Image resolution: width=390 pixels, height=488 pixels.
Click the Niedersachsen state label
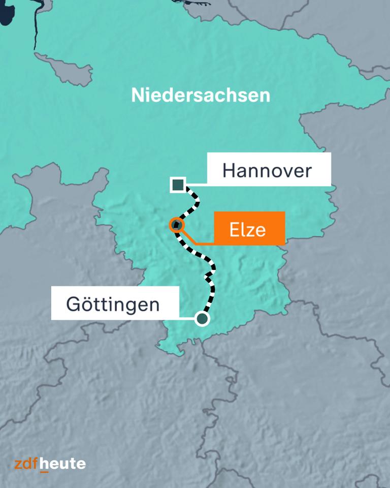click(201, 95)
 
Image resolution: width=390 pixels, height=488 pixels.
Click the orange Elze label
click(249, 230)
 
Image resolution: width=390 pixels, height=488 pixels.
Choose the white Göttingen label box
click(115, 304)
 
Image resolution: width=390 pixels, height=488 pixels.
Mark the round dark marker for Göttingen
click(202, 319)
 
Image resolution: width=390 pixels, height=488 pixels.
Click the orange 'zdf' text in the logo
click(26, 463)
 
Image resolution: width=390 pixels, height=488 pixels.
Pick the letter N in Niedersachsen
click(137, 95)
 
